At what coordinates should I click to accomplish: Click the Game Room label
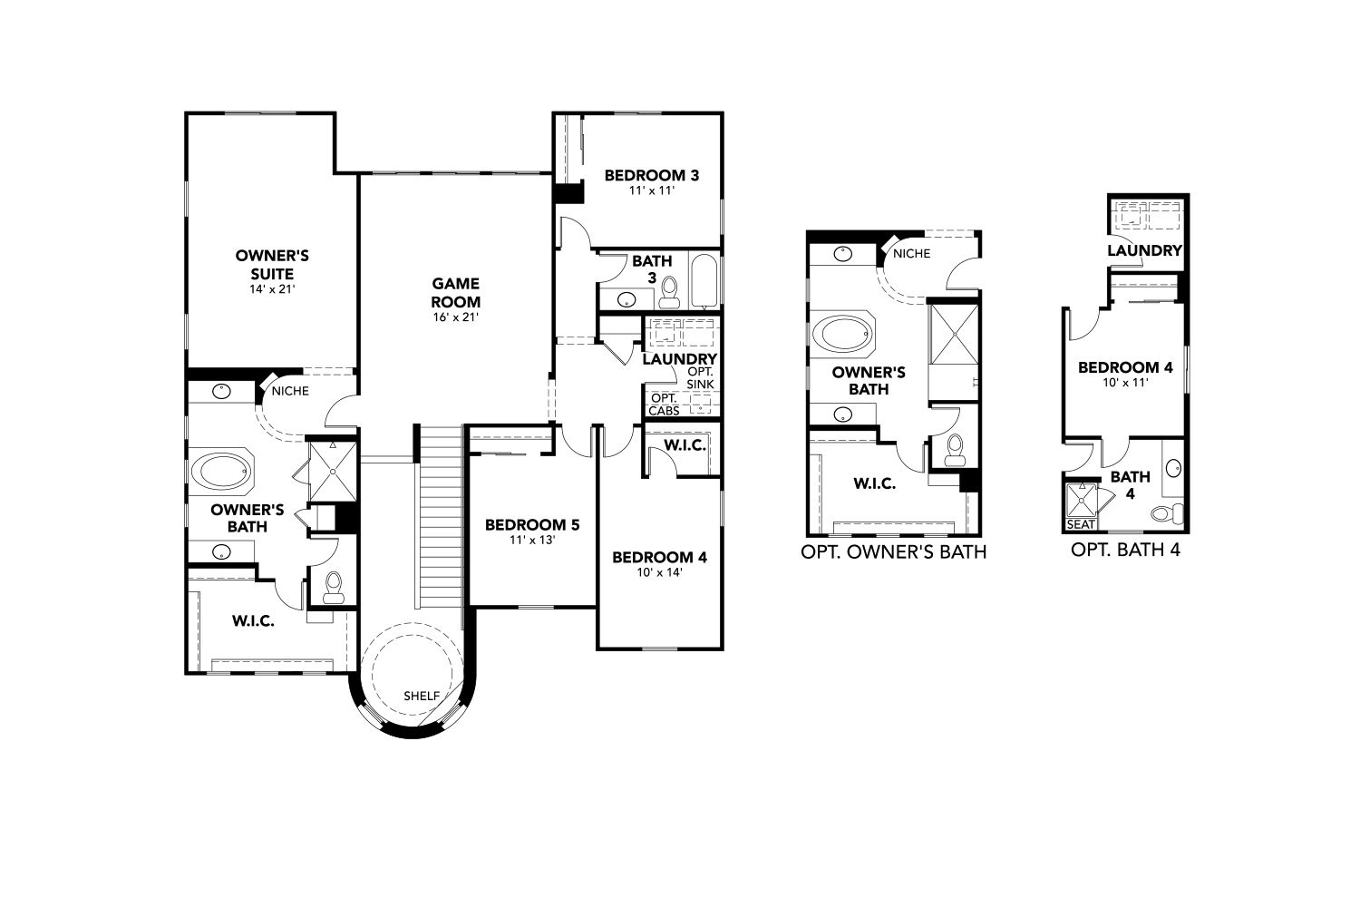pyautogui.click(x=455, y=292)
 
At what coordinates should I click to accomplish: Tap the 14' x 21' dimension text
pyautogui.click(x=272, y=289)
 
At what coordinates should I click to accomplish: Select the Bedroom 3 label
pyautogui.click(x=652, y=176)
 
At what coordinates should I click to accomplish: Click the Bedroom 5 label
pyautogui.click(x=532, y=524)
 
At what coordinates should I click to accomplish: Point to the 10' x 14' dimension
pyautogui.click(x=659, y=572)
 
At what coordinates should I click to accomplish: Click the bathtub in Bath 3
pyautogui.click(x=704, y=281)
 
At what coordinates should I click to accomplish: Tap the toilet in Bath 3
pyautogui.click(x=669, y=292)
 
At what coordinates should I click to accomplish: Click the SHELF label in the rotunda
pyautogui.click(x=422, y=696)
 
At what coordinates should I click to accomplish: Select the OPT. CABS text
pyautogui.click(x=664, y=405)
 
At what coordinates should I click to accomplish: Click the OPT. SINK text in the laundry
pyautogui.click(x=700, y=378)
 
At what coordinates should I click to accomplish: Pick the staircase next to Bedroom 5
pyautogui.click(x=442, y=517)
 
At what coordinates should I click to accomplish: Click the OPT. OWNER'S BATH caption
pyautogui.click(x=893, y=551)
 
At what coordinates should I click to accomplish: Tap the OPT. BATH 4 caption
pyautogui.click(x=1125, y=550)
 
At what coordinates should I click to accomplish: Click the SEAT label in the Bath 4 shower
pyautogui.click(x=1081, y=524)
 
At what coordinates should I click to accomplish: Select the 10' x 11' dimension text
pyautogui.click(x=1126, y=383)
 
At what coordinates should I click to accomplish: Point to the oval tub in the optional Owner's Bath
pyautogui.click(x=842, y=334)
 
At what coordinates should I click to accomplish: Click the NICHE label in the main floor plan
pyautogui.click(x=289, y=391)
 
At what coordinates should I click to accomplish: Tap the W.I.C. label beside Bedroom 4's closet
pyautogui.click(x=685, y=445)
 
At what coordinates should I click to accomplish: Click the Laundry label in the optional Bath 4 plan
pyautogui.click(x=1144, y=250)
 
